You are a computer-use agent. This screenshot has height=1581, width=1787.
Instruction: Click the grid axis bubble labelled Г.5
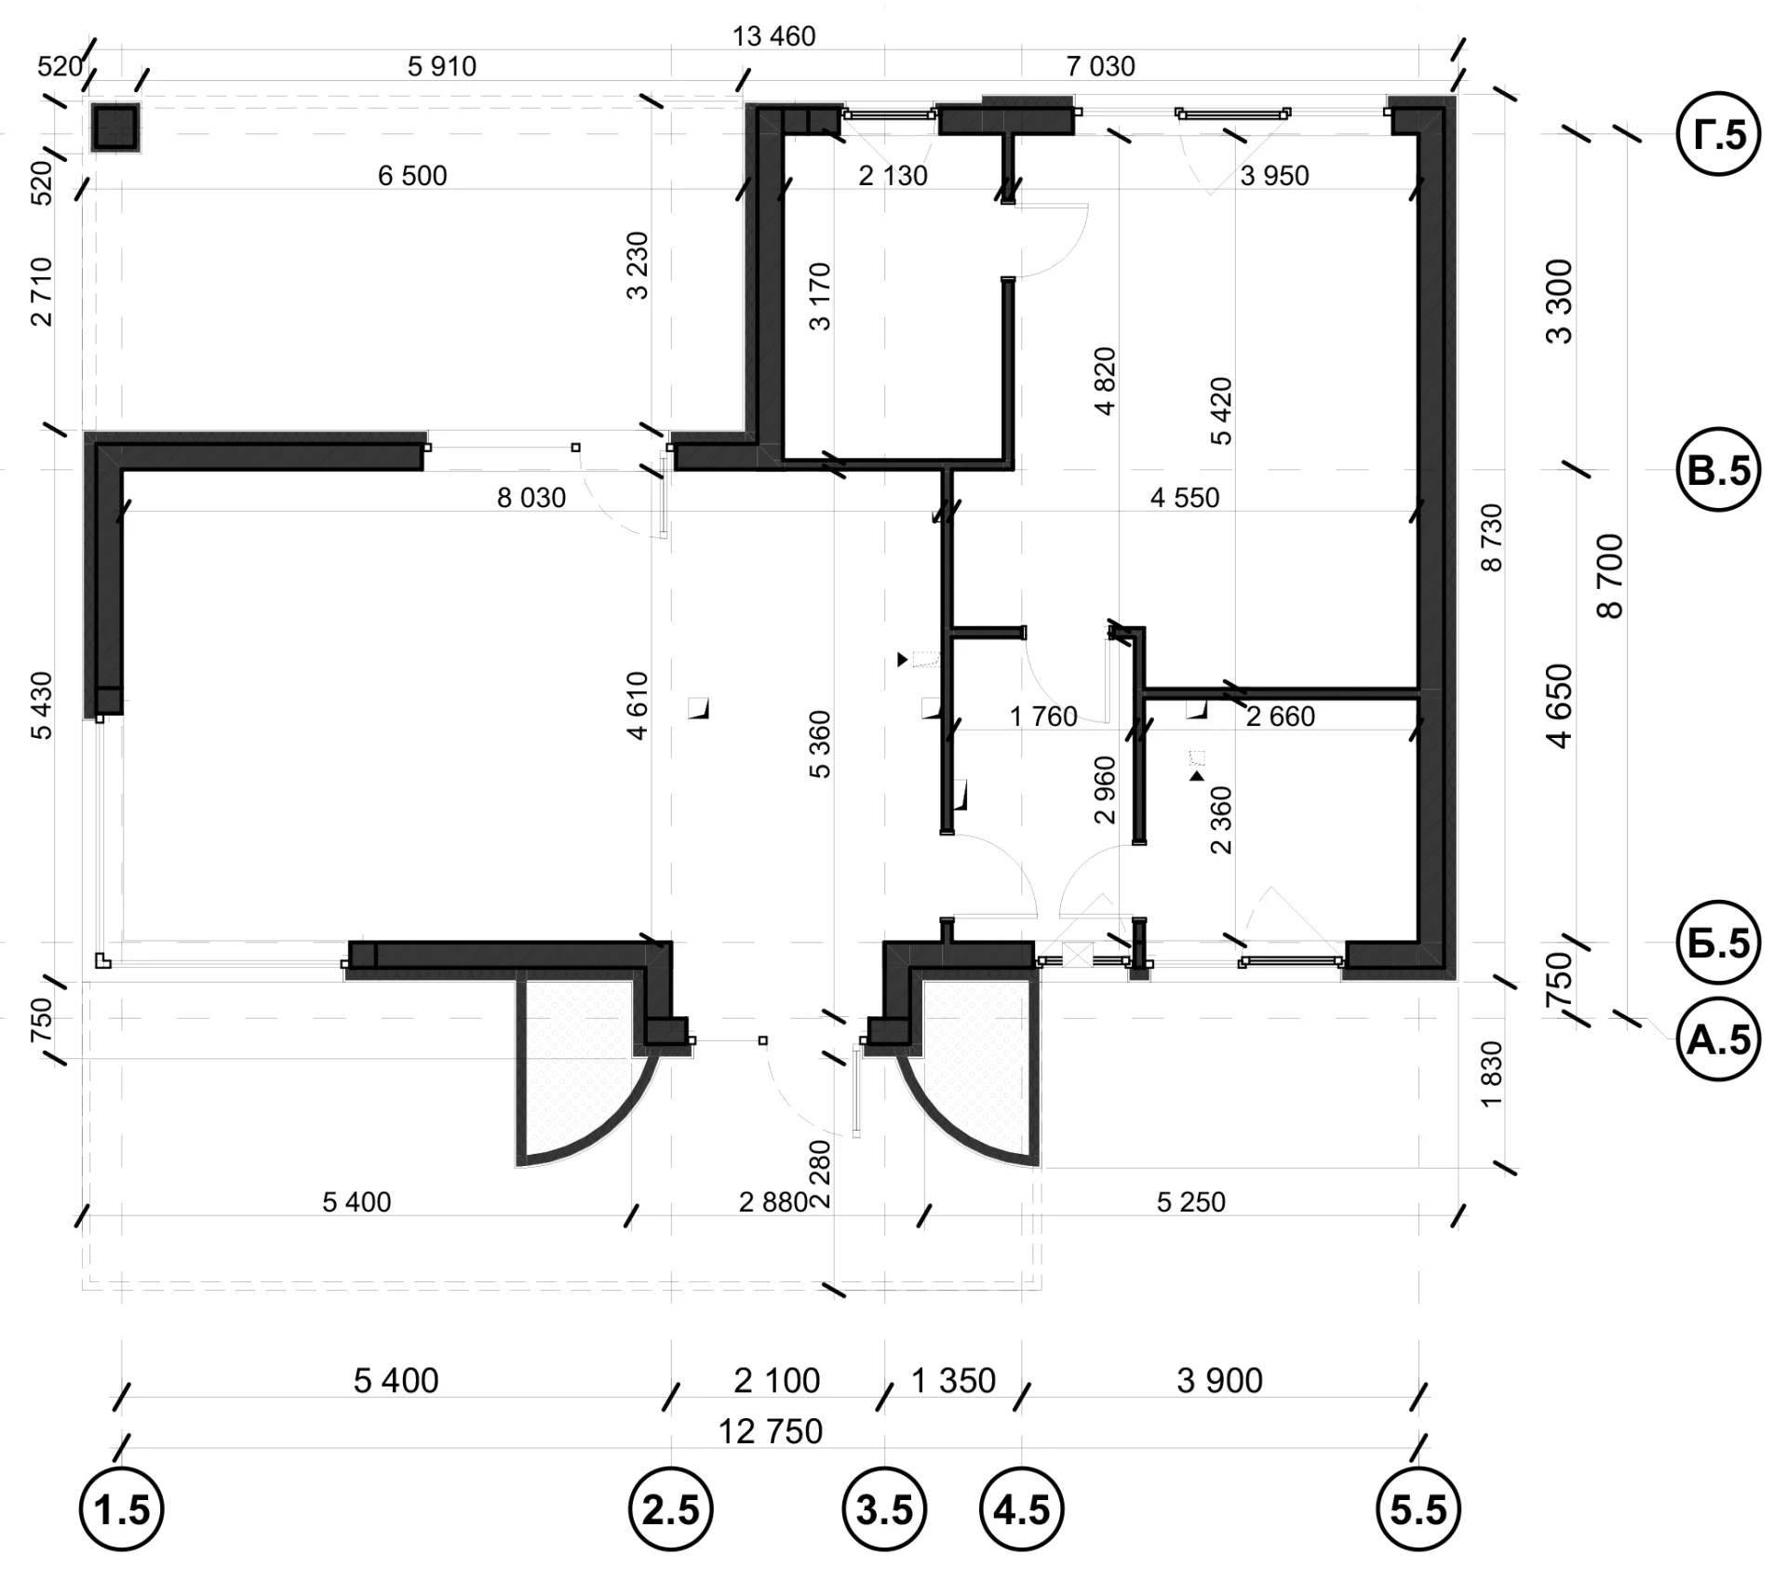(1718, 135)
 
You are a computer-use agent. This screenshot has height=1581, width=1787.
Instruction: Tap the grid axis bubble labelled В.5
(1718, 470)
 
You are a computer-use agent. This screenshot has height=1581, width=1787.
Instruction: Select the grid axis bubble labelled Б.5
(1718, 943)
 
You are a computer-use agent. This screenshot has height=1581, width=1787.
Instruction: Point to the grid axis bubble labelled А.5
(1718, 1038)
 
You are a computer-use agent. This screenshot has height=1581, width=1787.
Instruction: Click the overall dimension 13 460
(773, 36)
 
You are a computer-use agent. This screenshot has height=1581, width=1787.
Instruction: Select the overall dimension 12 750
(771, 1431)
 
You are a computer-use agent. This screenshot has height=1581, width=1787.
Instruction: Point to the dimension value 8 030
(531, 498)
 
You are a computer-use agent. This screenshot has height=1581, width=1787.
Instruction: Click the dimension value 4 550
(1185, 498)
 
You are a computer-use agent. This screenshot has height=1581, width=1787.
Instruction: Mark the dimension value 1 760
(1043, 717)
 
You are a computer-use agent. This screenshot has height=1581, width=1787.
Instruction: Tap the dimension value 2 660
(1281, 717)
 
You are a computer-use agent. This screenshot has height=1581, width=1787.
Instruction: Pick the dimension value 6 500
(412, 175)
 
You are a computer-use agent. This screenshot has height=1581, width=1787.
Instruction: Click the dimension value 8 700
(1609, 576)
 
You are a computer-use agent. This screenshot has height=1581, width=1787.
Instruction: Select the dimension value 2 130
(893, 175)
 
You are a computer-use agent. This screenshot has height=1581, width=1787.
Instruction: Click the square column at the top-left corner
(115, 127)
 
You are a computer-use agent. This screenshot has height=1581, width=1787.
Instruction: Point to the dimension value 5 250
(1191, 1201)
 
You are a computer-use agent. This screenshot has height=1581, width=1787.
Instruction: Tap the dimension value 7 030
(1101, 66)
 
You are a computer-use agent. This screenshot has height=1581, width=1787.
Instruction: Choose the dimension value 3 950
(1275, 175)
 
